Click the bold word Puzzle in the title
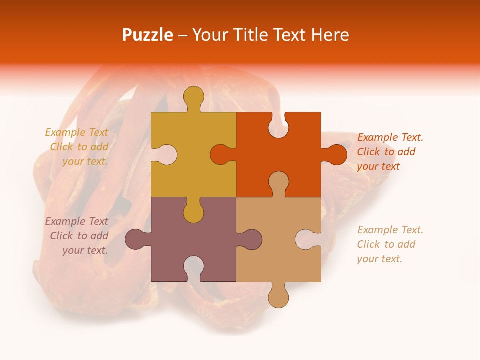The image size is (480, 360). point(148,35)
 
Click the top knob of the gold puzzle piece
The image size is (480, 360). point(193,97)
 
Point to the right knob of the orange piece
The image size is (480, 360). point(335,154)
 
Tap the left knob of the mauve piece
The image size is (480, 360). point(136,239)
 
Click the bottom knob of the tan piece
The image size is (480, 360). point(278,296)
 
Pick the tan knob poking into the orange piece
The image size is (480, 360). point(278,182)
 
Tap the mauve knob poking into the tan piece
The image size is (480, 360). point(250,239)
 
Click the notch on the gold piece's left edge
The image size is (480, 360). point(165,154)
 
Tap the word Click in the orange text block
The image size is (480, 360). point(369,152)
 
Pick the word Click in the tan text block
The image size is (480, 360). point(369,244)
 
